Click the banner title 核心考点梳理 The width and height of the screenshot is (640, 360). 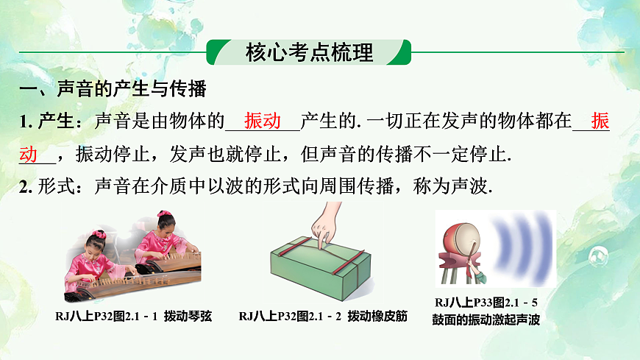(x=309, y=53)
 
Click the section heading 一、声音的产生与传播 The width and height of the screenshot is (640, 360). (x=113, y=91)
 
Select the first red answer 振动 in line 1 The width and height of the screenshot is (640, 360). (x=263, y=121)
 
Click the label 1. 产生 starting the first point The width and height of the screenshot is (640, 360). (x=44, y=122)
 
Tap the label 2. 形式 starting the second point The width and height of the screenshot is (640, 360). (x=44, y=187)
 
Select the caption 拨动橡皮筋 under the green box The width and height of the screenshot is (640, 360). (x=374, y=317)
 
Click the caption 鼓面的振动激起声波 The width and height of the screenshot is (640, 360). (x=487, y=320)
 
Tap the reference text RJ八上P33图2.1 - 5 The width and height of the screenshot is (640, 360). (x=487, y=302)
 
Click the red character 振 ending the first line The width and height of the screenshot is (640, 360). (x=600, y=122)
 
